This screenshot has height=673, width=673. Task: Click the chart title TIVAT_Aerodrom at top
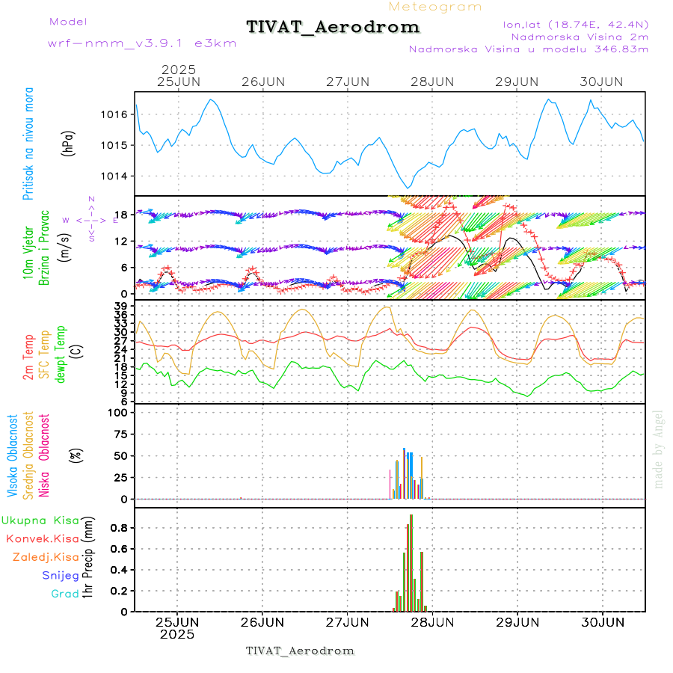point(333,27)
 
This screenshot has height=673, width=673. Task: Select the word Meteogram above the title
point(435,7)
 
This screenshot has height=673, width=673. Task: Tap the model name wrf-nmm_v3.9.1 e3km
point(142,43)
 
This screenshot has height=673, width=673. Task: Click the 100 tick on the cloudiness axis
point(120,412)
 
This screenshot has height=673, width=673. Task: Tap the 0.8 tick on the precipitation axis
point(122,528)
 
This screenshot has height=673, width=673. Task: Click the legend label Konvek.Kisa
point(42,538)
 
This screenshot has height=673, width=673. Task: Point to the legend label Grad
point(64,594)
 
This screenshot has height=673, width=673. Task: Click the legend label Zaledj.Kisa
point(46,557)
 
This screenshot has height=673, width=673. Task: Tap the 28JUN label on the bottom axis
point(432,621)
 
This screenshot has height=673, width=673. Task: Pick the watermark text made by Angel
point(659,449)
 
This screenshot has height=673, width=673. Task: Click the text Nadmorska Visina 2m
point(580,36)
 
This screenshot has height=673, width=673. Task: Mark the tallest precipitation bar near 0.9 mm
point(411,562)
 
